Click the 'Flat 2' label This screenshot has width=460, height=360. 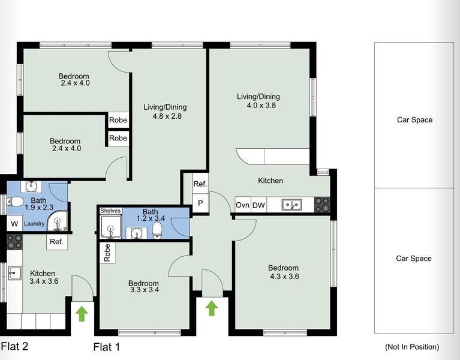pos(14,346)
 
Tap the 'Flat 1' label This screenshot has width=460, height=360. pos(107,346)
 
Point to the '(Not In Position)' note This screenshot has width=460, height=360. pos(411,347)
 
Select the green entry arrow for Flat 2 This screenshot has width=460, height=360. pos(82,312)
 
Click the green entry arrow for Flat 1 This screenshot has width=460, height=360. pos(211,308)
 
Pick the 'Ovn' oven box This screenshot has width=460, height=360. pos(242,205)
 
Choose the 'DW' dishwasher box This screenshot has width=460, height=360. pos(258,205)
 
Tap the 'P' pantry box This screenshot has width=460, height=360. pos(200,203)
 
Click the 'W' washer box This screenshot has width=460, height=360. pos(14,224)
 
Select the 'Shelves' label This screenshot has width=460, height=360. pos(110,211)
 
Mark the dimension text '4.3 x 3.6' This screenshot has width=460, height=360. pos(283,277)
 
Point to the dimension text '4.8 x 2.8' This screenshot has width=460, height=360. pos(165,116)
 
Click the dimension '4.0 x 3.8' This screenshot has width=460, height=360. pos(258,105)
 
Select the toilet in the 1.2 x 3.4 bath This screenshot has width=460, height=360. pos(158,230)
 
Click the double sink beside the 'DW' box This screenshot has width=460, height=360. pos(293,205)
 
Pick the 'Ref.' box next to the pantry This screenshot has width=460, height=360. pos(200,184)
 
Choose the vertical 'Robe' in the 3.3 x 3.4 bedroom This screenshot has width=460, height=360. pos(107,253)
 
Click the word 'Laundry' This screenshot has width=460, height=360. pos(35,224)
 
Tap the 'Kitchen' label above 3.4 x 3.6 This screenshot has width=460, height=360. pos(43,272)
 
